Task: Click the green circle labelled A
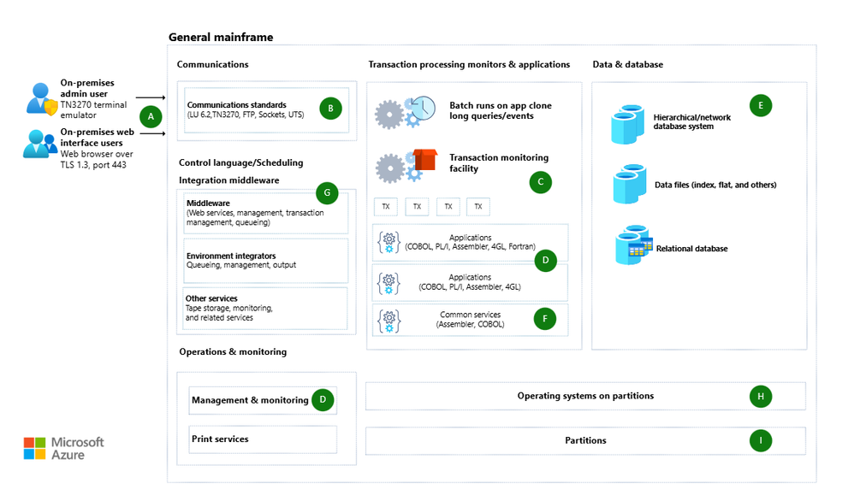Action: (151, 115)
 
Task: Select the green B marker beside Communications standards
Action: (330, 108)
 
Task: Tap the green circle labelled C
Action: (540, 181)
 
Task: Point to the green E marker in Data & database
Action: (760, 105)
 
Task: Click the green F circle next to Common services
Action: (544, 319)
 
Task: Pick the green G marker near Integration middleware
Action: (327, 193)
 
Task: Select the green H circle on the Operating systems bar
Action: (760, 396)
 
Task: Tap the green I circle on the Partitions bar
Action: (760, 440)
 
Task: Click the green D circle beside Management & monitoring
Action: (322, 399)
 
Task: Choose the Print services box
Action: (263, 439)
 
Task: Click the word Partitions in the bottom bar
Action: (585, 440)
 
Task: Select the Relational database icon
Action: (634, 245)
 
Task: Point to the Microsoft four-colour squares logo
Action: (34, 448)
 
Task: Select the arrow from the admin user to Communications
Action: (151, 99)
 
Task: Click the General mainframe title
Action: (221, 37)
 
